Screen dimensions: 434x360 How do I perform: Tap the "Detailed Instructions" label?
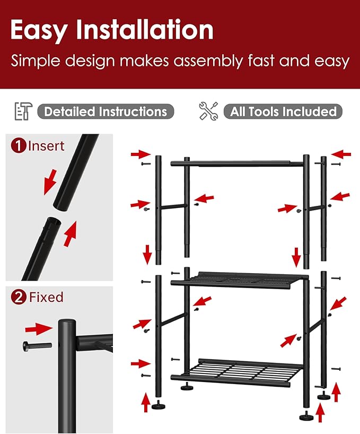106,111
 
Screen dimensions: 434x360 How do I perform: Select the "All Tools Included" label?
284,111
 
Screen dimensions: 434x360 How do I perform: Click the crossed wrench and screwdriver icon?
208,111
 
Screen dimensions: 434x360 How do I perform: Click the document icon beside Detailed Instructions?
22,111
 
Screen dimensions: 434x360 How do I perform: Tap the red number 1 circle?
19,145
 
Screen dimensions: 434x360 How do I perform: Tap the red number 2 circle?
19,297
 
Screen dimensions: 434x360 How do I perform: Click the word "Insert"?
46,145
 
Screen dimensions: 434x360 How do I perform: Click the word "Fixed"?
46,297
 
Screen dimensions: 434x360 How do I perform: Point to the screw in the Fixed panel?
37,346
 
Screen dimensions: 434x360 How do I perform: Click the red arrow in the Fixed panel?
39,329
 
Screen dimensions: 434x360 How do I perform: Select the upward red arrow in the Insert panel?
70,234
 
